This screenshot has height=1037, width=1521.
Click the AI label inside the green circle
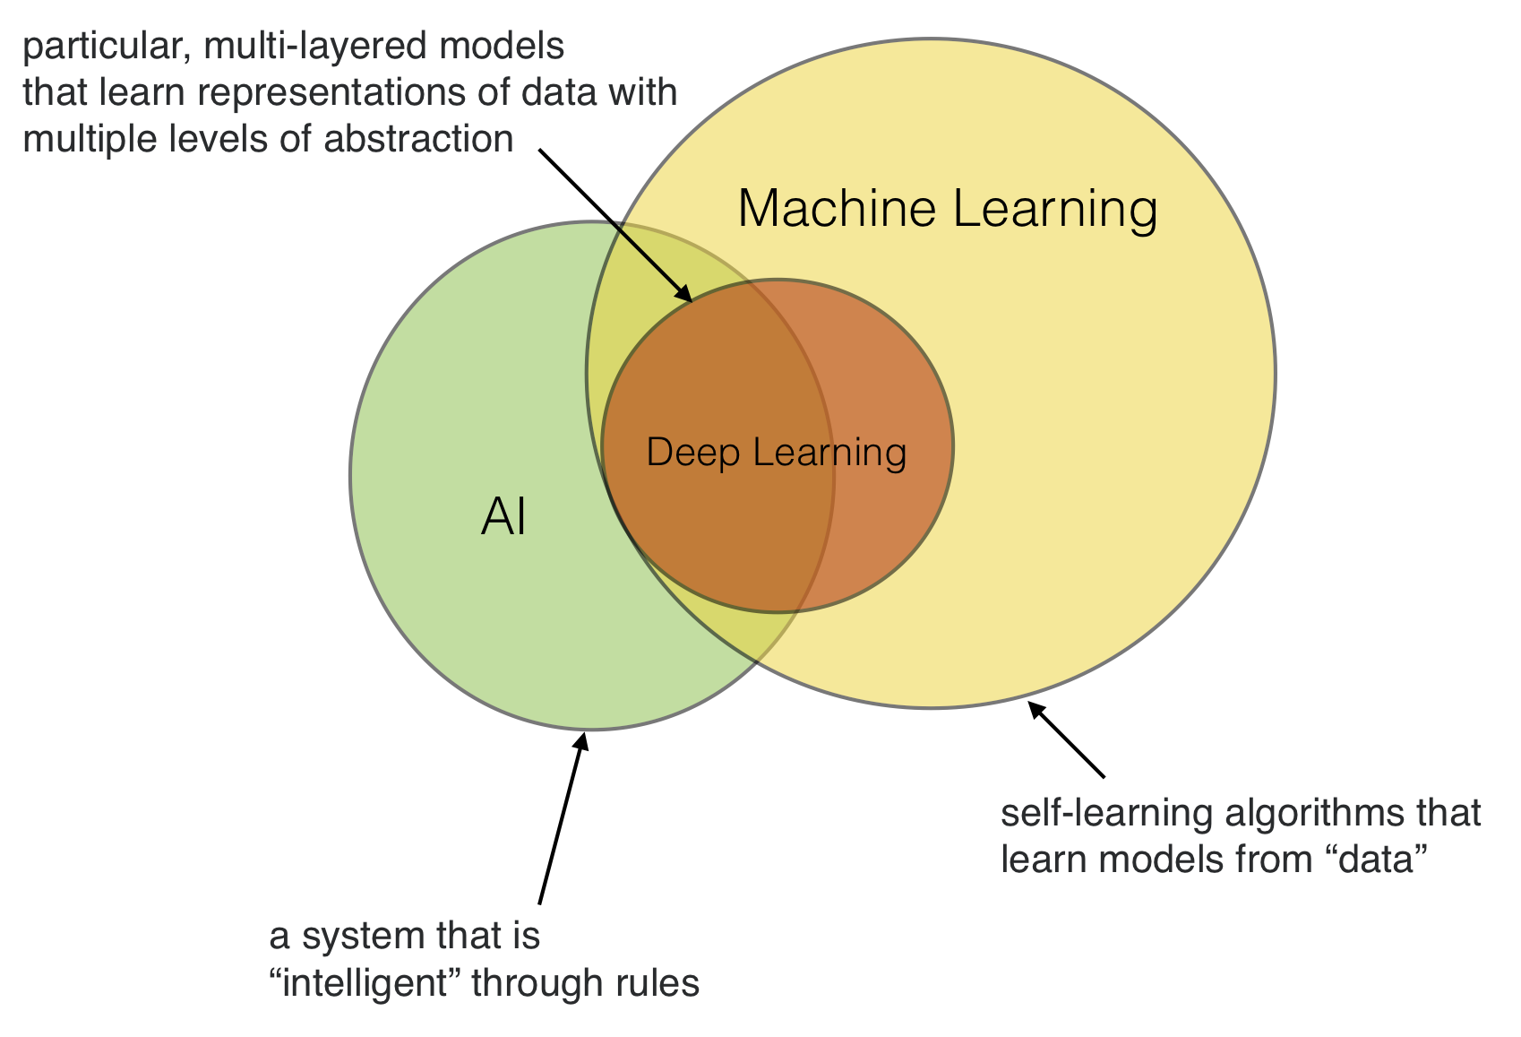coord(503,517)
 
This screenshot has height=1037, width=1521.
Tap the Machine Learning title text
coord(947,209)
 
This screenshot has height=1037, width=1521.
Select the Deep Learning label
coord(776,452)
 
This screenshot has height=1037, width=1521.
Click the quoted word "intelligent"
coord(371,983)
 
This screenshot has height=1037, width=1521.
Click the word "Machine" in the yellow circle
coord(837,209)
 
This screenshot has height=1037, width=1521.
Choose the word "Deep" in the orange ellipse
coord(692,452)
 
